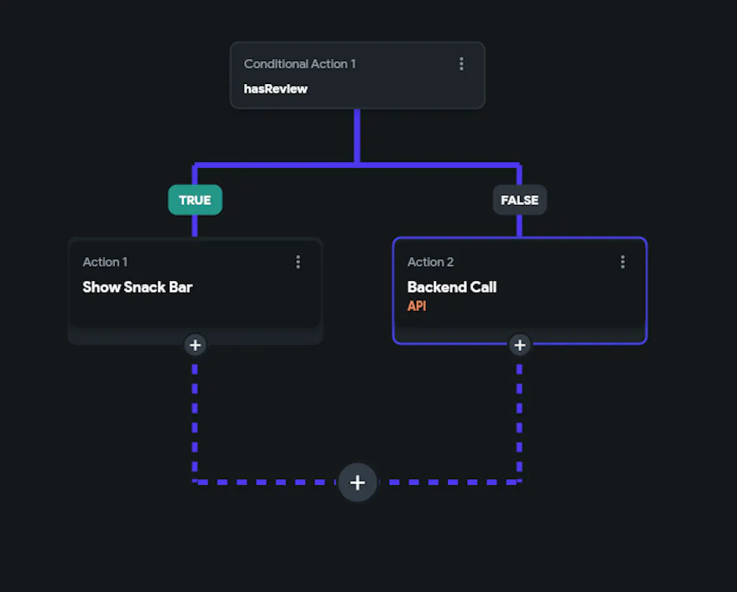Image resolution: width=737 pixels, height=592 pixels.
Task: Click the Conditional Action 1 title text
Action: [x=299, y=64]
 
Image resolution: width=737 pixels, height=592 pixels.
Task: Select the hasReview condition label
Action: [x=275, y=88]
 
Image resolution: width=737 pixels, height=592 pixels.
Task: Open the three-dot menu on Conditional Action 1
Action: [x=461, y=64]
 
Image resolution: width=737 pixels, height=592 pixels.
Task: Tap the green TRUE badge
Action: [x=195, y=200]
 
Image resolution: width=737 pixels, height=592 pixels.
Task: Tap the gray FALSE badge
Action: [x=520, y=200]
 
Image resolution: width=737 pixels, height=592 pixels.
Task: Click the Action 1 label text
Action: [x=105, y=262]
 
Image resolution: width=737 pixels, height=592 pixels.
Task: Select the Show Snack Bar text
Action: [x=137, y=287]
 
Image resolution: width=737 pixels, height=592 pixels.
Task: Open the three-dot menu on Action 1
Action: [x=298, y=262]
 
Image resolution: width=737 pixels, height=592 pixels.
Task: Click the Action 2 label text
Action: [x=430, y=262]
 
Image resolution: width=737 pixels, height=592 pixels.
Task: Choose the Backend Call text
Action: [x=452, y=287]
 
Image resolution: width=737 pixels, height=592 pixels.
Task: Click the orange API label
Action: [x=416, y=306]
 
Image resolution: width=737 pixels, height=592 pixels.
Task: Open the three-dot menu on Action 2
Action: [x=623, y=262]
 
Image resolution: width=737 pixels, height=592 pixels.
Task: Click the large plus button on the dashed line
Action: [x=357, y=482]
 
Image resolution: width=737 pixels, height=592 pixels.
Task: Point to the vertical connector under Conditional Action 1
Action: [x=357, y=136]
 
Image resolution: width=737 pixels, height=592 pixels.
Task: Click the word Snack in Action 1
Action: [x=144, y=287]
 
